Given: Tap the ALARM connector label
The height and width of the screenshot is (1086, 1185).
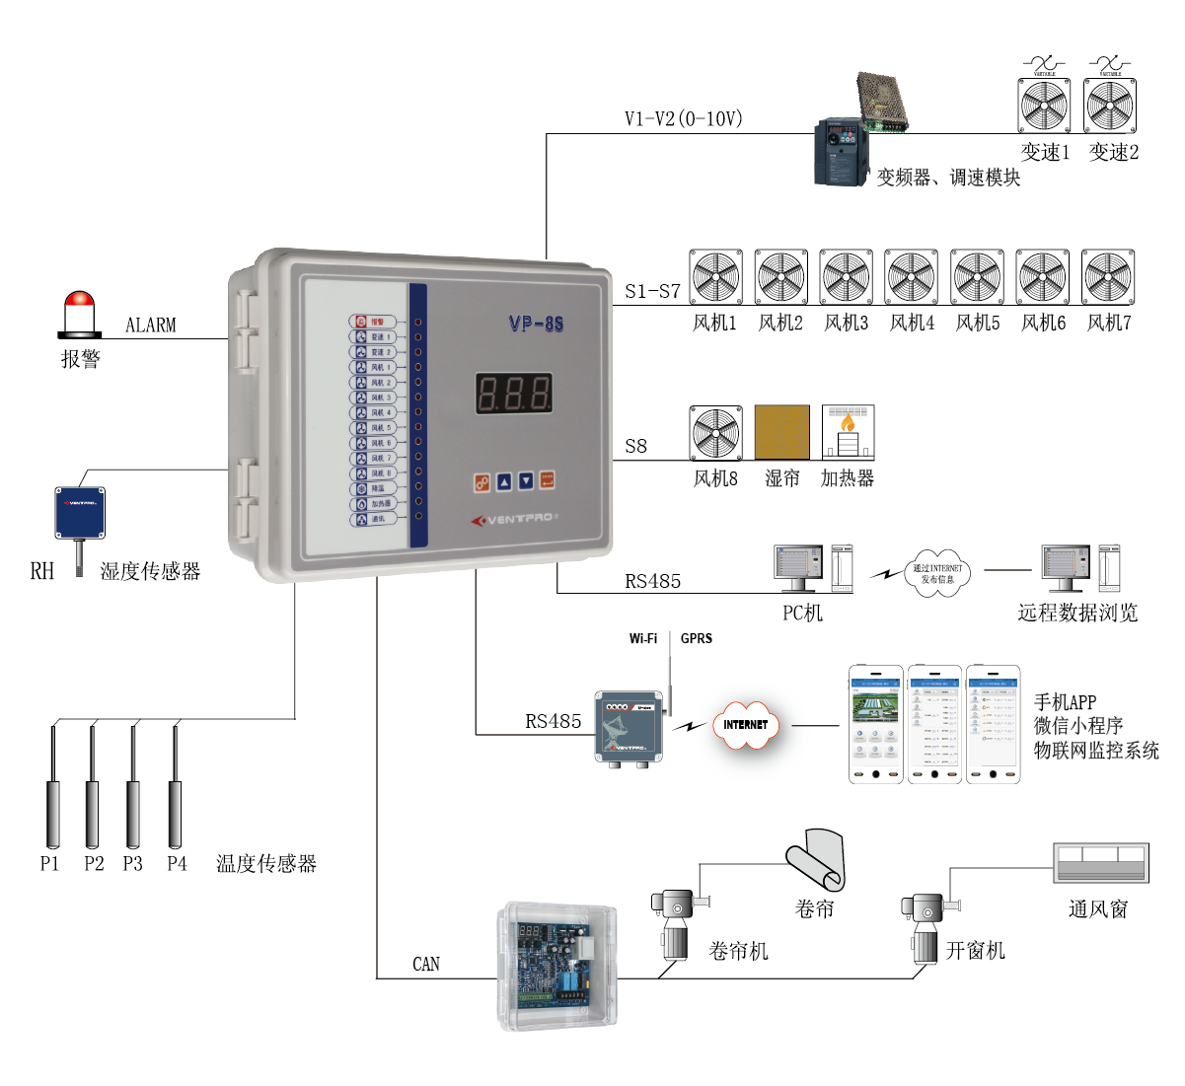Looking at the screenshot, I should pyautogui.click(x=151, y=325).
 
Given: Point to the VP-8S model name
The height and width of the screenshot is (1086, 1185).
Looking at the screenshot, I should pyautogui.click(x=536, y=324).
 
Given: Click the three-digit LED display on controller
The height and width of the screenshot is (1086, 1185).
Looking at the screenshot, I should pyautogui.click(x=513, y=394).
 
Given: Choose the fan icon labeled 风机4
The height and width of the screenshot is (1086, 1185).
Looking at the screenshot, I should pyautogui.click(x=911, y=277).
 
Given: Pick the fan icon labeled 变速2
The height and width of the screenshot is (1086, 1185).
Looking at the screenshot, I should pyautogui.click(x=1110, y=106).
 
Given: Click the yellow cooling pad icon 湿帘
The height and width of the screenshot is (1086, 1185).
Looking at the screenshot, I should pyautogui.click(x=781, y=432).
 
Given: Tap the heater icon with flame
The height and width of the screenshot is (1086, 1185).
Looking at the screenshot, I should pyautogui.click(x=848, y=432).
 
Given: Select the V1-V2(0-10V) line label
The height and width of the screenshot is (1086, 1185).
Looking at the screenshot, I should pyautogui.click(x=683, y=119).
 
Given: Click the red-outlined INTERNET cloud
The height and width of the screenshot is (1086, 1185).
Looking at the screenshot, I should pyautogui.click(x=745, y=725).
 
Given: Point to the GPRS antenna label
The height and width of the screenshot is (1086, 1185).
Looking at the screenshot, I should pyautogui.click(x=697, y=638).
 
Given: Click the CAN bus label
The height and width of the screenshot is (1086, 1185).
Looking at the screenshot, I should pyautogui.click(x=426, y=964).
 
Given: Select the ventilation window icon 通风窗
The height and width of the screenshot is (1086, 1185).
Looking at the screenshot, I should pyautogui.click(x=1100, y=863).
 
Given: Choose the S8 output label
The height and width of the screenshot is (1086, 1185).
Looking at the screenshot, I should pyautogui.click(x=636, y=446).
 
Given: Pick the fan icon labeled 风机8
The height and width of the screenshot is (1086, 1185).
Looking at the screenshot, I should pyautogui.click(x=715, y=432).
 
